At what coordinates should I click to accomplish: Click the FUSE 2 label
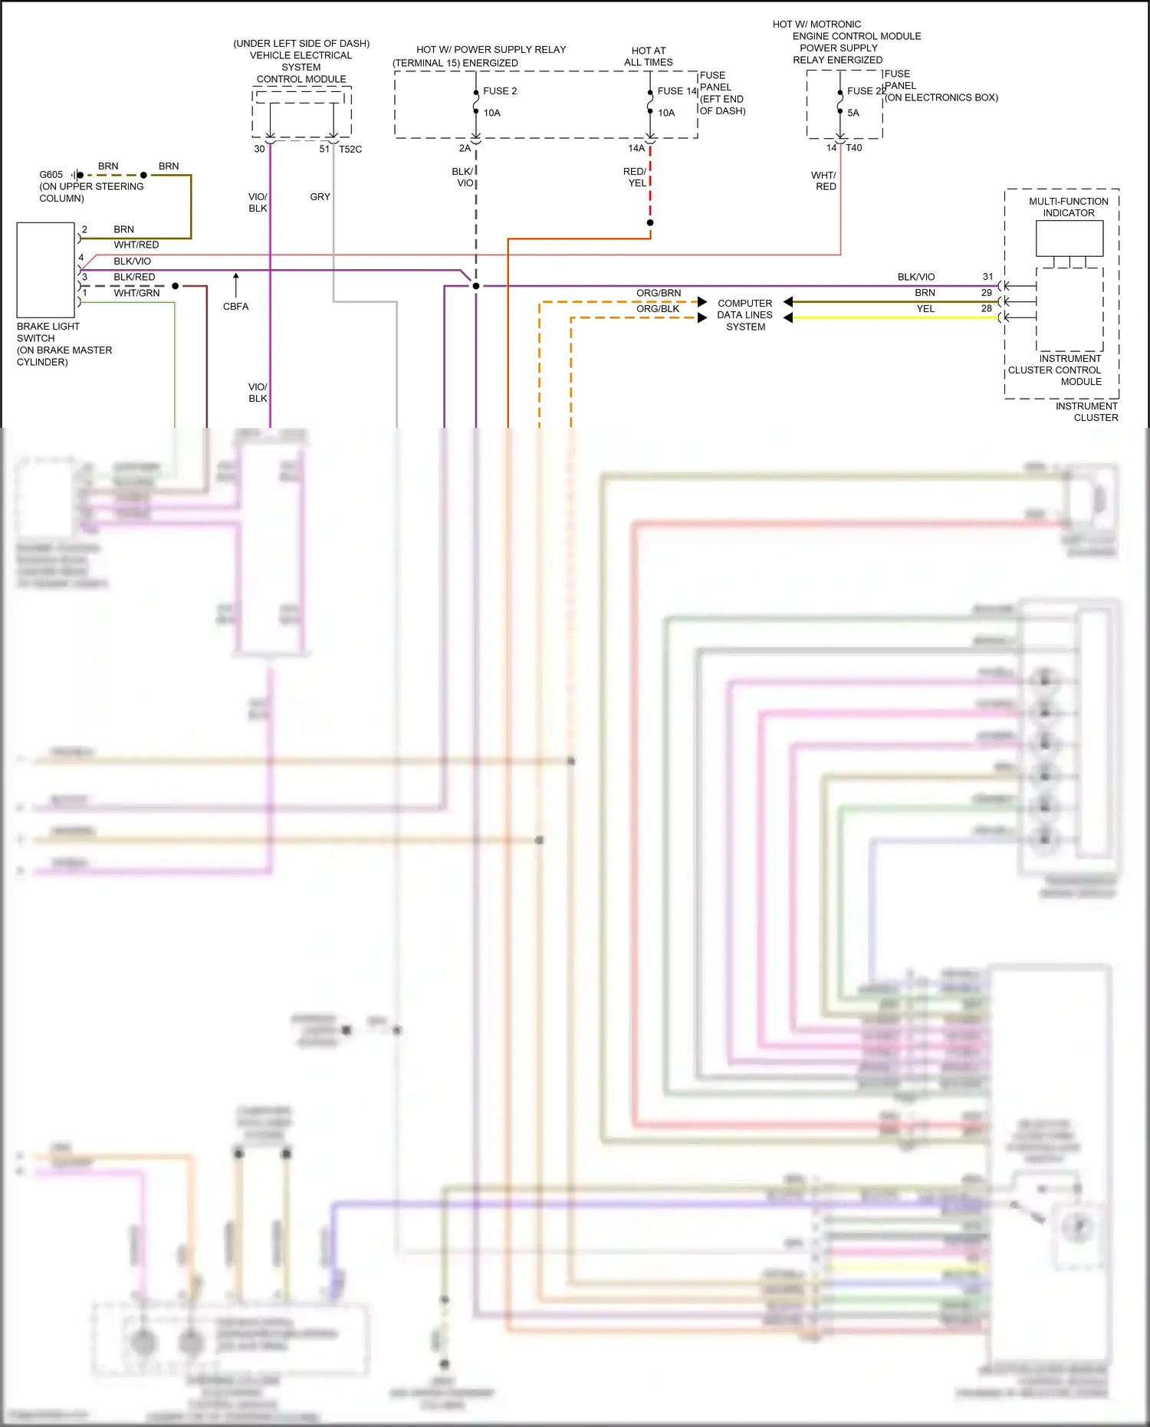[x=500, y=91]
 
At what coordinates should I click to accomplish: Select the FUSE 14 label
[x=677, y=91]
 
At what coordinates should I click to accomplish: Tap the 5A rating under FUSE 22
[x=853, y=113]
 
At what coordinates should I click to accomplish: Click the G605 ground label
[x=51, y=175]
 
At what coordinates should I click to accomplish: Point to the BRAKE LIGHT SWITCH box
[x=45, y=270]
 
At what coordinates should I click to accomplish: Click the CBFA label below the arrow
[x=235, y=307]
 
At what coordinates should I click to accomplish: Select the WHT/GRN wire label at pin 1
[x=136, y=293]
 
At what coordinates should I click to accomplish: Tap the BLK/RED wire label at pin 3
[x=134, y=277]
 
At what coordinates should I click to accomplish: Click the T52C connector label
[x=350, y=150]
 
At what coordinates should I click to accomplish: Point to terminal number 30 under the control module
[x=259, y=150]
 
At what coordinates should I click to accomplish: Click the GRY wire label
[x=320, y=197]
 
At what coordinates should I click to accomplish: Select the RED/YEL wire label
[x=635, y=177]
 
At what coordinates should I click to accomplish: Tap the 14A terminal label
[x=636, y=149]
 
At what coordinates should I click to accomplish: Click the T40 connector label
[x=854, y=148]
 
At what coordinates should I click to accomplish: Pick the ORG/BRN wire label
[x=659, y=293]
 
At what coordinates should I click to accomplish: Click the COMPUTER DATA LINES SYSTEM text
[x=745, y=315]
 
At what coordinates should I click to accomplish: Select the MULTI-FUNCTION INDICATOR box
[x=1069, y=238]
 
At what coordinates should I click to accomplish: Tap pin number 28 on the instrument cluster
[x=987, y=309]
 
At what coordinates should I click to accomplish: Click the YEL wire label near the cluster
[x=925, y=309]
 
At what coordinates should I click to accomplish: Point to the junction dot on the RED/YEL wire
[x=650, y=223]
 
